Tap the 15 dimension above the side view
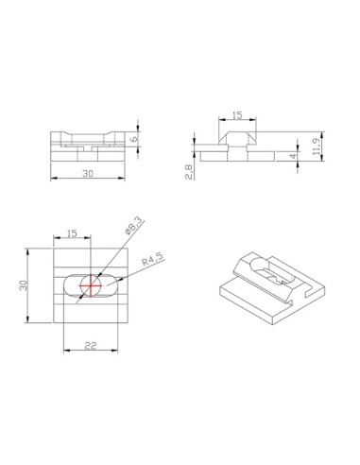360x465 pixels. pos(236,115)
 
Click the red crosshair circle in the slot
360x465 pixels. pos(91,286)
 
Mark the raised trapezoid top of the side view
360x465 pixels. pos(236,138)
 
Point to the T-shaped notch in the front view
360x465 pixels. pos(86,149)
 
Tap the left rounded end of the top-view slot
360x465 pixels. pos(68,286)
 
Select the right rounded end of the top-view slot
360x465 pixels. pos(113,286)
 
